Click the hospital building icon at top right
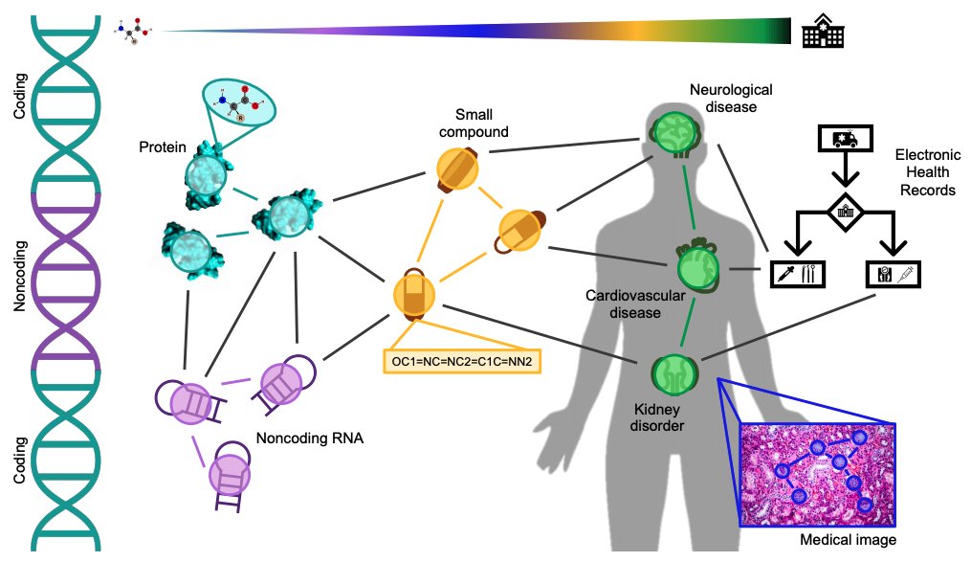[x=824, y=32]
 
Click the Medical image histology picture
[x=819, y=474]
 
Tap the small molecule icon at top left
[x=137, y=31]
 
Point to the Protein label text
[x=162, y=148]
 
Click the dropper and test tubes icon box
[x=797, y=273]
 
